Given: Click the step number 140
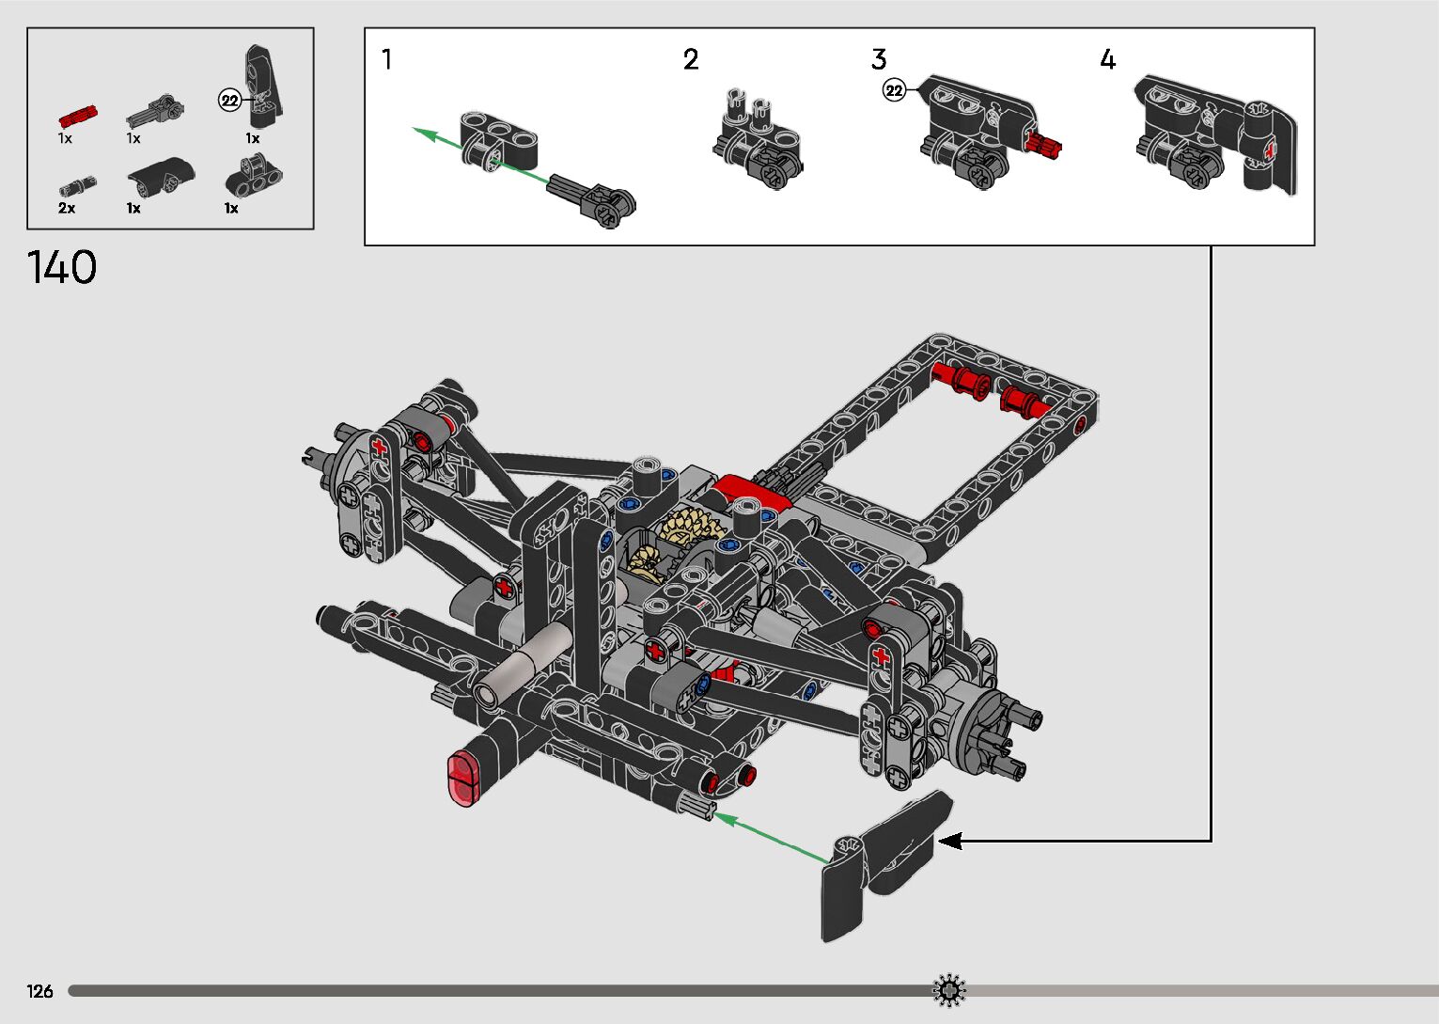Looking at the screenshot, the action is click(x=62, y=267).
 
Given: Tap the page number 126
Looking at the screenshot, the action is click(x=39, y=991).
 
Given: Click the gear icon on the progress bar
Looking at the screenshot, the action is click(x=949, y=990).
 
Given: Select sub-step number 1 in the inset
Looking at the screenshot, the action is click(x=386, y=59).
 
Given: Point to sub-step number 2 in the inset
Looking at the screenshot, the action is click(x=691, y=59).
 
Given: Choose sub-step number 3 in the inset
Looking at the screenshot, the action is click(x=879, y=59).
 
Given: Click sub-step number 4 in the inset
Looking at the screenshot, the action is click(x=1107, y=59).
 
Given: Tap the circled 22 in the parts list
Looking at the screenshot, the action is click(x=229, y=101).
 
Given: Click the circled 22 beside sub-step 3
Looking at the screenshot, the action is click(x=894, y=90).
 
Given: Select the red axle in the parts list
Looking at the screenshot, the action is click(x=78, y=117).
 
